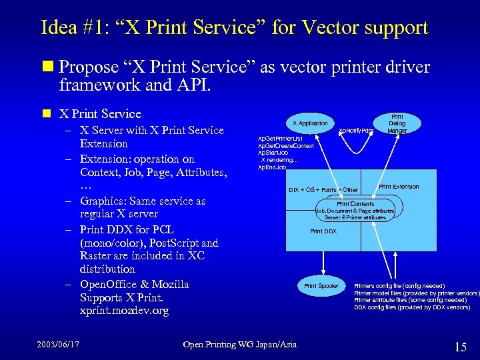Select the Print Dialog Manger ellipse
tap(397, 123)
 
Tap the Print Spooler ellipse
tap(321, 286)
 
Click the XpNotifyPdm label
tap(355, 130)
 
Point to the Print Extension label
tap(399, 187)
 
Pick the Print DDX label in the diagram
tap(323, 231)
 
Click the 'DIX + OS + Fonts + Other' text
tap(323, 190)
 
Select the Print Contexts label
tap(355, 203)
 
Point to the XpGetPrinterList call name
tap(280, 138)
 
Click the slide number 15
tap(460, 347)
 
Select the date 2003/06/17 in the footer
tap(59, 344)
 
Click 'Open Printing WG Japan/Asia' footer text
tap(240, 344)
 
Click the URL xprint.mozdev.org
tap(124, 311)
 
